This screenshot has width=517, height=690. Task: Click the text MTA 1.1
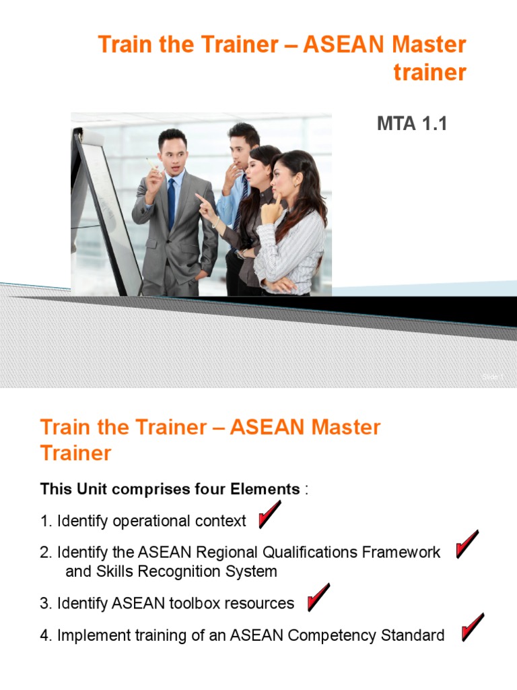pyautogui.click(x=412, y=124)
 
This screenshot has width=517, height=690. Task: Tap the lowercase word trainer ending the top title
pyautogui.click(x=429, y=72)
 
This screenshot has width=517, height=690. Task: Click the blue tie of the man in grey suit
pyautogui.click(x=171, y=200)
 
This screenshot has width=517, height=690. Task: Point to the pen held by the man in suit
pyautogui.click(x=152, y=164)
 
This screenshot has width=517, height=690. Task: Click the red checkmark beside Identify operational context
pyautogui.click(x=269, y=516)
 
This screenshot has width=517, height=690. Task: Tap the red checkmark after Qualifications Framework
pyautogui.click(x=467, y=544)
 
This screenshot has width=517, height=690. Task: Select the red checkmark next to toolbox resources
pyautogui.click(x=318, y=598)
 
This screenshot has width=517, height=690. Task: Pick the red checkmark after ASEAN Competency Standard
pyautogui.click(x=473, y=627)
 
